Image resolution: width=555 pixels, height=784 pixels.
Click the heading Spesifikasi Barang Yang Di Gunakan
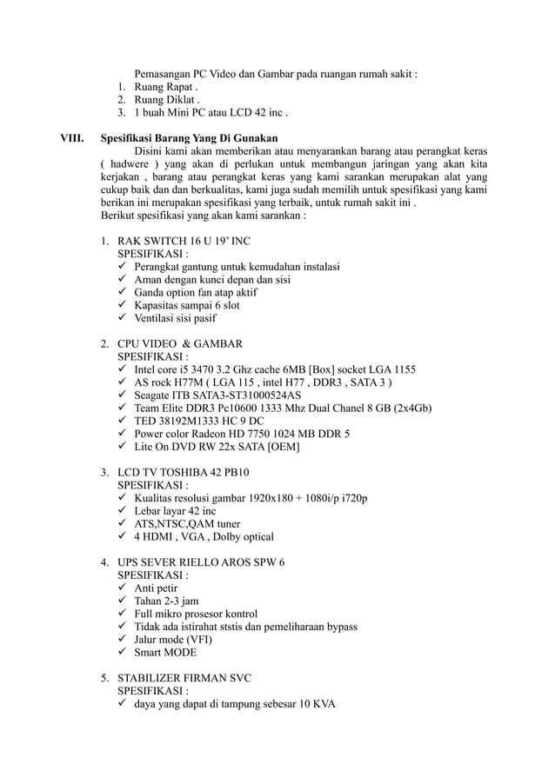point(189,137)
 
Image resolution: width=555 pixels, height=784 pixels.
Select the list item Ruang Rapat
point(165,87)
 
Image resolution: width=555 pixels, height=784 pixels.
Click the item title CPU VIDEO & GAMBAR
point(179,343)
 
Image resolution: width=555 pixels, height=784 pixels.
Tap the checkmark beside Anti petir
point(123,588)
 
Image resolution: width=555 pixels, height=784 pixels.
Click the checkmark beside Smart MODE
point(123,652)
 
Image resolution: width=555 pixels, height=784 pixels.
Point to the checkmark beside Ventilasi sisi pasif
point(123,318)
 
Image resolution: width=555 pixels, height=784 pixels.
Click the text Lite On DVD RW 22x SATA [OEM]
point(217,447)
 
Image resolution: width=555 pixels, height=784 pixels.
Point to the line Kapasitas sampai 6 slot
point(187,305)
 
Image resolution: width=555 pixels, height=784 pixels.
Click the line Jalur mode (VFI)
point(172,639)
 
